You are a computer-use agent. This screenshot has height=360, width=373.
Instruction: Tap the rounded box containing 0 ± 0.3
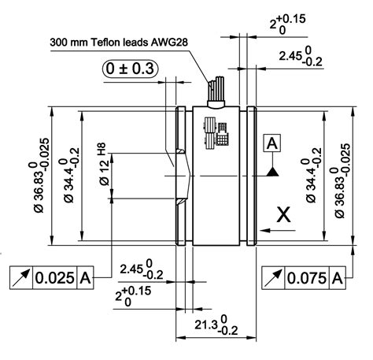pos(131,69)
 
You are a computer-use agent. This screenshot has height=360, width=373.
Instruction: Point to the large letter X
pos(285,214)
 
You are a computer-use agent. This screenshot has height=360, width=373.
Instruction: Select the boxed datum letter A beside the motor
pos(271,143)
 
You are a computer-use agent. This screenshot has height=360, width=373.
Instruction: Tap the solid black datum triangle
pos(271,169)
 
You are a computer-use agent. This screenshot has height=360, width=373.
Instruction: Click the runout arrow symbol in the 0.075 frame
pos(272,278)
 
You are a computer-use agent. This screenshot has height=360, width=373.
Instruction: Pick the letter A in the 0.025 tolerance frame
pos(85,278)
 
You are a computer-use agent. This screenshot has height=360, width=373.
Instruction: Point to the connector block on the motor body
pos(215,131)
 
